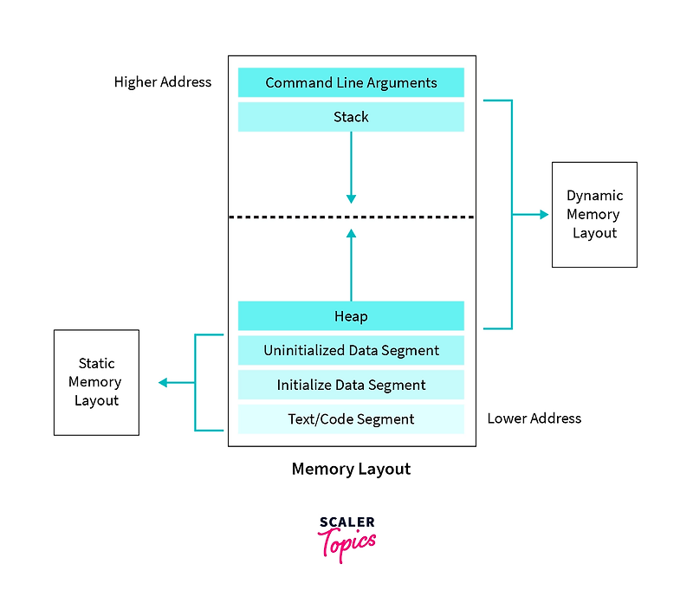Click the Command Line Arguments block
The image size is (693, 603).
(x=351, y=83)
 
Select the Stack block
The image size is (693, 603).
(x=351, y=117)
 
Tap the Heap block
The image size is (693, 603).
(x=351, y=316)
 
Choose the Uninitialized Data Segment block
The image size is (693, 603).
(x=351, y=351)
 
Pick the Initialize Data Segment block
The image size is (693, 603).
(x=351, y=385)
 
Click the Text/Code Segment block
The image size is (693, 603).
(x=351, y=419)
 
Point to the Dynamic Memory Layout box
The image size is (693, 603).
(x=594, y=214)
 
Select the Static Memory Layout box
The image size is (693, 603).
(x=96, y=382)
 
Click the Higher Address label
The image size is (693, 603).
(x=163, y=82)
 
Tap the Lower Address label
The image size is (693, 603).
(x=534, y=418)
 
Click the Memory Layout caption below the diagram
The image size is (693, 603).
(x=351, y=470)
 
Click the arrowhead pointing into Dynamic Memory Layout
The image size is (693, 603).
(x=544, y=214)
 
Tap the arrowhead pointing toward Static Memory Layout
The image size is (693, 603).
(x=163, y=382)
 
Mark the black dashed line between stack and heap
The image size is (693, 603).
(x=351, y=217)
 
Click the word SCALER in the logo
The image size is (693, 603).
(x=346, y=522)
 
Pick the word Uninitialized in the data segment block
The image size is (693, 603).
(x=304, y=351)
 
